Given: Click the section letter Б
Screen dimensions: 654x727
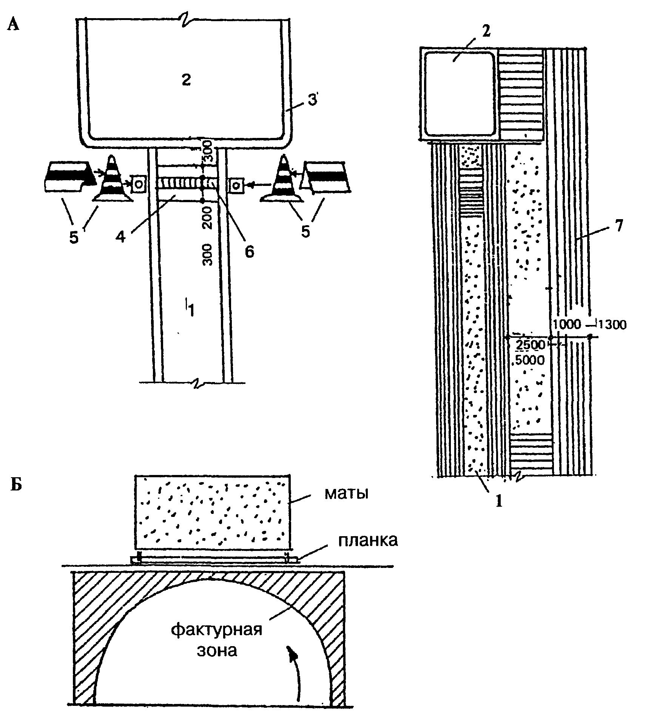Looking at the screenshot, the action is pos(16,485).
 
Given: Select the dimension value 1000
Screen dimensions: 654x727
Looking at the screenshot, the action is pos(567,324).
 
